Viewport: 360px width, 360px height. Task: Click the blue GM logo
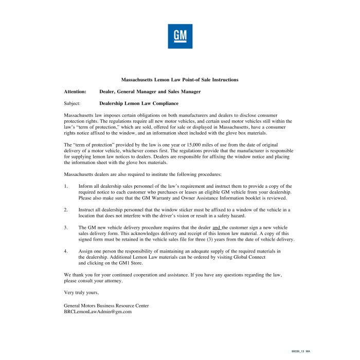pyautogui.click(x=179, y=36)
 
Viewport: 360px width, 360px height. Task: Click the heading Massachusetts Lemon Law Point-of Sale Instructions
pyautogui.click(x=179, y=80)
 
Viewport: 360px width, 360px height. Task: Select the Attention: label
pyautogui.click(x=75, y=92)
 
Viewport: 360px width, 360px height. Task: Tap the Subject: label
pyautogui.click(x=72, y=103)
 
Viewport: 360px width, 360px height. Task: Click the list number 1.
pyautogui.click(x=65, y=186)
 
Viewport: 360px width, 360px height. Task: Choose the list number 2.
pyautogui.click(x=65, y=210)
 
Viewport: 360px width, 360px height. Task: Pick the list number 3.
pyautogui.click(x=65, y=227)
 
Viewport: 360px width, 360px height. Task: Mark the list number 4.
pyautogui.click(x=65, y=251)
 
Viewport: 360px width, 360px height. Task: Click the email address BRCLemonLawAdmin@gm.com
pyautogui.click(x=98, y=312)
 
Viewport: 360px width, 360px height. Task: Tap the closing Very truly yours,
pyautogui.click(x=78, y=292)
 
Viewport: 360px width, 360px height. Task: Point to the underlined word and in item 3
pyautogui.click(x=217, y=227)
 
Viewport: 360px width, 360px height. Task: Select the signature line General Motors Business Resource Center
pyautogui.click(x=106, y=305)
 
